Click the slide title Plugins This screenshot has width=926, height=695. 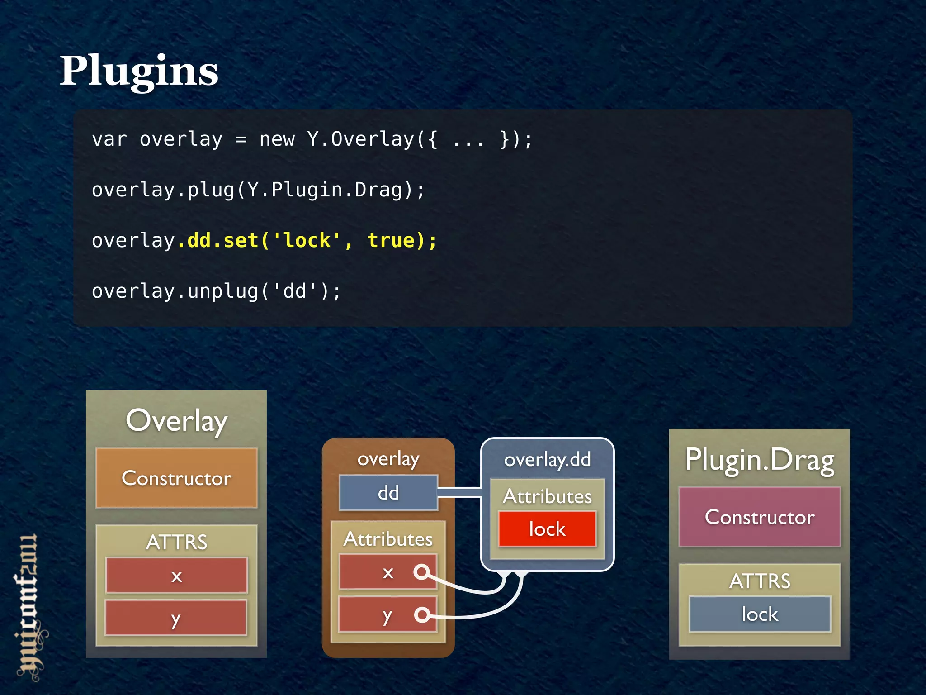139,71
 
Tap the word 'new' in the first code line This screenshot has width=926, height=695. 277,139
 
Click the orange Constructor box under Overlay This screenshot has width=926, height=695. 176,478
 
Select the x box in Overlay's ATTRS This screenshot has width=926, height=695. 176,576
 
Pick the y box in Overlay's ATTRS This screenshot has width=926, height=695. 176,618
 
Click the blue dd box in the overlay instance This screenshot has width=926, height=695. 388,493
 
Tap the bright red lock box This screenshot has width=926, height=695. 547,529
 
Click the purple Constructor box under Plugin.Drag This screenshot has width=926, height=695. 760,517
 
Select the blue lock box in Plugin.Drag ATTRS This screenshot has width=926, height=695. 760,614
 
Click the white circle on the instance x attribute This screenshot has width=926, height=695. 421,572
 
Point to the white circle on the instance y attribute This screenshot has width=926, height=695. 422,614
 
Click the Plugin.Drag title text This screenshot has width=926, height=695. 760,461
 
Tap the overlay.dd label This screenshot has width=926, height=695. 547,460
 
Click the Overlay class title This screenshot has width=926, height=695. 176,421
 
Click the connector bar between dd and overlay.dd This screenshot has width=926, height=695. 459,492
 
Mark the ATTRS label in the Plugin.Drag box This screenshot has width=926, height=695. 760,581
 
